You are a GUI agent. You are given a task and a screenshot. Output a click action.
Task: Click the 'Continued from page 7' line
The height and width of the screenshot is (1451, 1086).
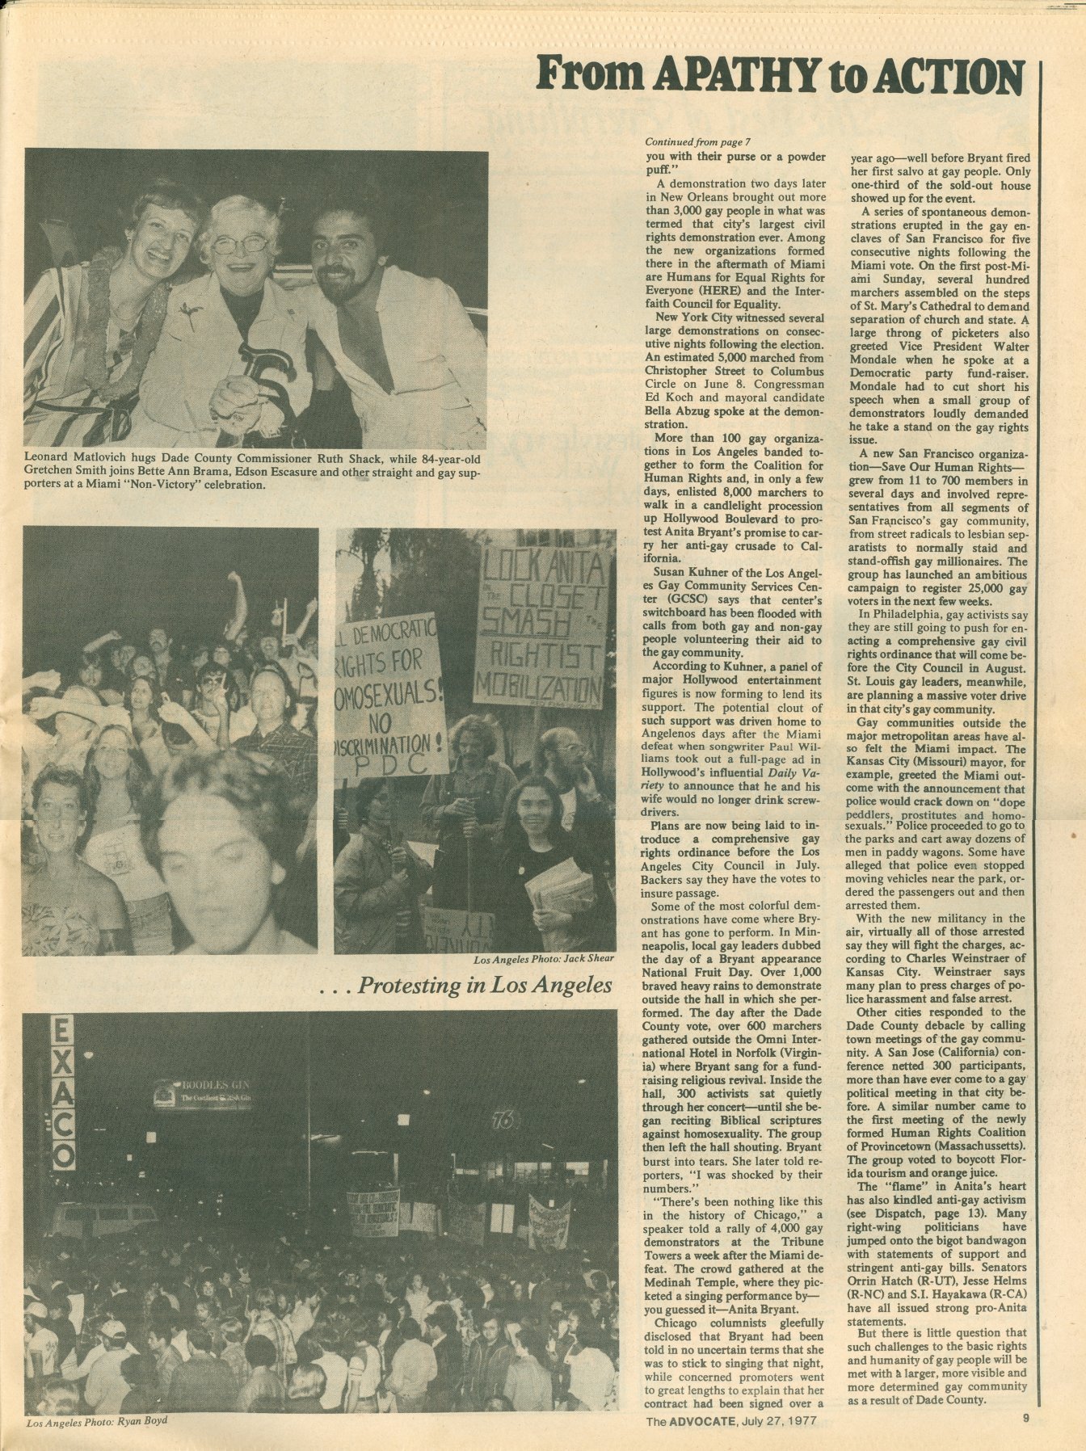click(687, 140)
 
